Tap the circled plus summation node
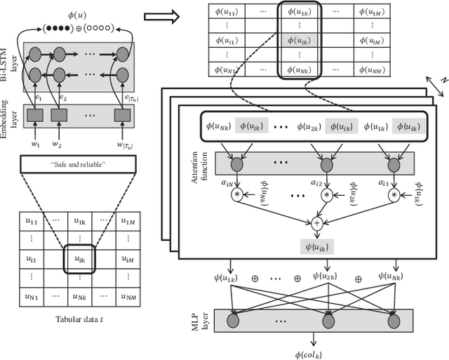point(316,223)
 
